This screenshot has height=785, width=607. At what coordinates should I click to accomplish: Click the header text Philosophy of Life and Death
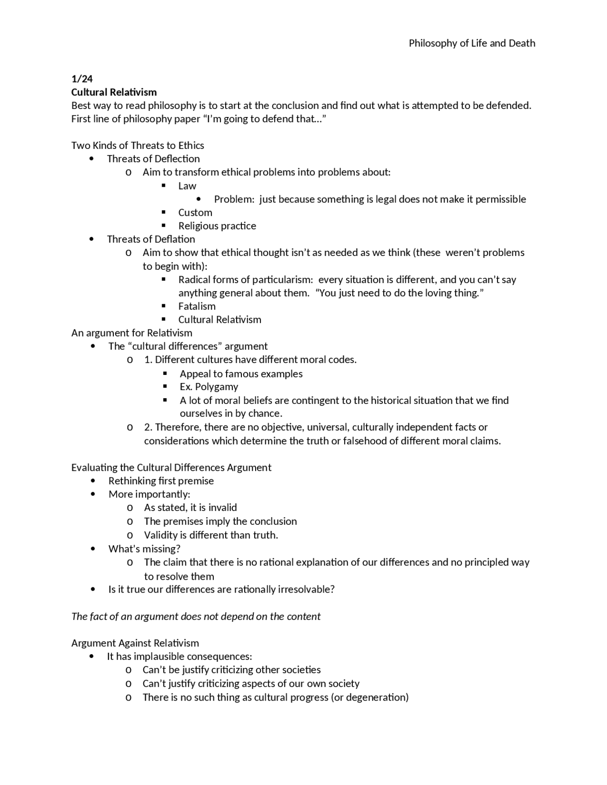click(472, 43)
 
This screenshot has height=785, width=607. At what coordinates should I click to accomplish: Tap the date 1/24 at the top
click(82, 79)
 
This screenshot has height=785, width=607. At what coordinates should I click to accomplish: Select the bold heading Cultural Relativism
click(114, 92)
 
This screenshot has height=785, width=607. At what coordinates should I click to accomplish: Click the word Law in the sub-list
click(187, 186)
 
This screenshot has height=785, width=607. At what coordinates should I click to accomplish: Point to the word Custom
click(195, 212)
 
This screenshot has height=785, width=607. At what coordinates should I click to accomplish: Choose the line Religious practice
click(217, 226)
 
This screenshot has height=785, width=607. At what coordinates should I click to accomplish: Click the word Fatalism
click(197, 306)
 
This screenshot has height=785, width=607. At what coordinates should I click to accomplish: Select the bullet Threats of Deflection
click(153, 159)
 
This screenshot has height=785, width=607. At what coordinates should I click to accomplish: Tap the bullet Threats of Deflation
click(151, 239)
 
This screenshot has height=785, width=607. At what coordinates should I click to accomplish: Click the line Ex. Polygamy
click(209, 387)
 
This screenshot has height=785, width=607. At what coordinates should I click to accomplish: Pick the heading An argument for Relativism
click(131, 333)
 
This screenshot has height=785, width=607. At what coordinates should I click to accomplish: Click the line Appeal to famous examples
click(241, 374)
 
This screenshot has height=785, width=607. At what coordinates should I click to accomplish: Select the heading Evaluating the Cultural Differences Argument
click(171, 467)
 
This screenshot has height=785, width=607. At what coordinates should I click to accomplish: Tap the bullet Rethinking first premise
click(161, 481)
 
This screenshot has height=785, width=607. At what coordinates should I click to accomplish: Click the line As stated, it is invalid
click(190, 508)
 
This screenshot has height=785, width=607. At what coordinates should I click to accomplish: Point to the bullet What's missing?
click(144, 548)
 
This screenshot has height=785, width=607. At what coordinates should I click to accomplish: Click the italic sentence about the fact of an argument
click(196, 616)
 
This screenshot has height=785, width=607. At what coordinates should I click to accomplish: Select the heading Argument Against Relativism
click(135, 643)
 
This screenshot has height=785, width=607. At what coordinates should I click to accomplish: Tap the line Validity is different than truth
click(211, 535)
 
